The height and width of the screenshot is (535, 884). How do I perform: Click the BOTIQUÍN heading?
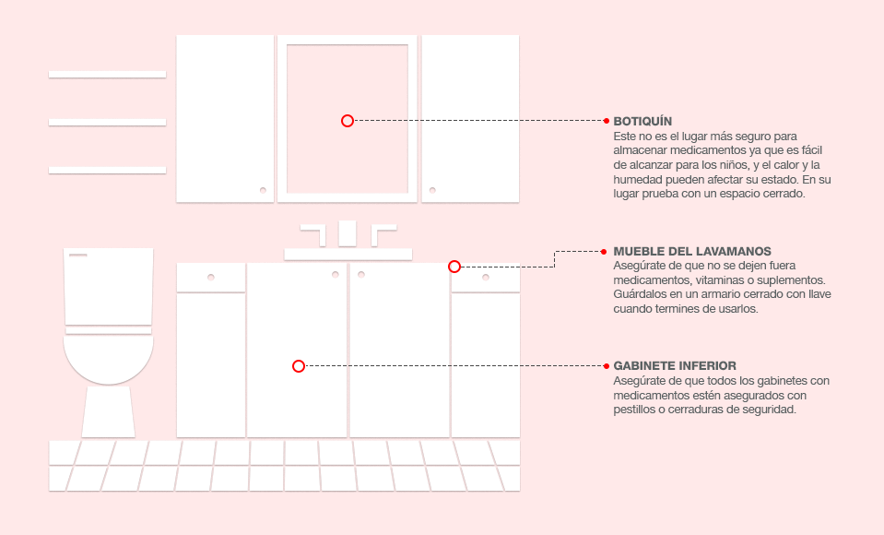pyautogui.click(x=642, y=122)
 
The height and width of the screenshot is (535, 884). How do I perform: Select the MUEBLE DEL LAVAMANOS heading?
pyautogui.click(x=692, y=252)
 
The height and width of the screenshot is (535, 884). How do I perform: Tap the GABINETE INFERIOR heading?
pyautogui.click(x=675, y=365)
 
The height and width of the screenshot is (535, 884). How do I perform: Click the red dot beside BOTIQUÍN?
pyautogui.click(x=607, y=121)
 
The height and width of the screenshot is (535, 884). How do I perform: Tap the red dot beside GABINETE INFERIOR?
pyautogui.click(x=607, y=366)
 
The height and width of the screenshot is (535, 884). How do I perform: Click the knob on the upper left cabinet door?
pyautogui.click(x=263, y=190)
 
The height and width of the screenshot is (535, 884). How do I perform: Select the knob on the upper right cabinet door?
pyautogui.click(x=432, y=190)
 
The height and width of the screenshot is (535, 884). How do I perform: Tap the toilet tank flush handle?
pyautogui.click(x=77, y=256)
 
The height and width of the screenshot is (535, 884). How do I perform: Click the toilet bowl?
pyautogui.click(x=108, y=359)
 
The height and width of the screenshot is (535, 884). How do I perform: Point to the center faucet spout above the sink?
pyautogui.click(x=348, y=233)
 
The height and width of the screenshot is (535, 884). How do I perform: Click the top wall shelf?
pyautogui.click(x=107, y=75)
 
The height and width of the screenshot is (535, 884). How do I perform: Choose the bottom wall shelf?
pyautogui.click(x=107, y=171)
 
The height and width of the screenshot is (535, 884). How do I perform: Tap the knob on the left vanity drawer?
pyautogui.click(x=211, y=277)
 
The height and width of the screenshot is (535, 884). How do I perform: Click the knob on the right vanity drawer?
pyautogui.click(x=486, y=277)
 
